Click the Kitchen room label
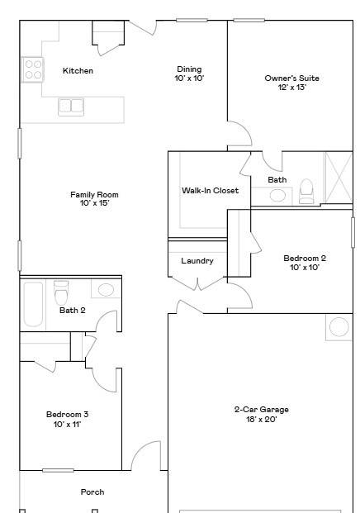(78, 71)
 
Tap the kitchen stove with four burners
(33, 69)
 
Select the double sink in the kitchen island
(71, 106)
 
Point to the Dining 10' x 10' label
(189, 74)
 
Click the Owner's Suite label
(291, 78)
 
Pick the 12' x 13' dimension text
(291, 88)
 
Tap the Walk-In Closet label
(210, 191)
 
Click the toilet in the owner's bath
(306, 192)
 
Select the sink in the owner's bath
(278, 196)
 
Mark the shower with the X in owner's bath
(338, 177)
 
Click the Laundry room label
(197, 261)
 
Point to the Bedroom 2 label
(305, 258)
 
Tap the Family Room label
(94, 195)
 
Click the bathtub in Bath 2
(33, 304)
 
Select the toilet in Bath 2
(60, 293)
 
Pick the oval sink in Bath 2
(105, 290)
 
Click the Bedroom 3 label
(67, 415)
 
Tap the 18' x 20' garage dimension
(261, 419)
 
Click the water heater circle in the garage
(339, 327)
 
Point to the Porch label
(92, 492)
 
